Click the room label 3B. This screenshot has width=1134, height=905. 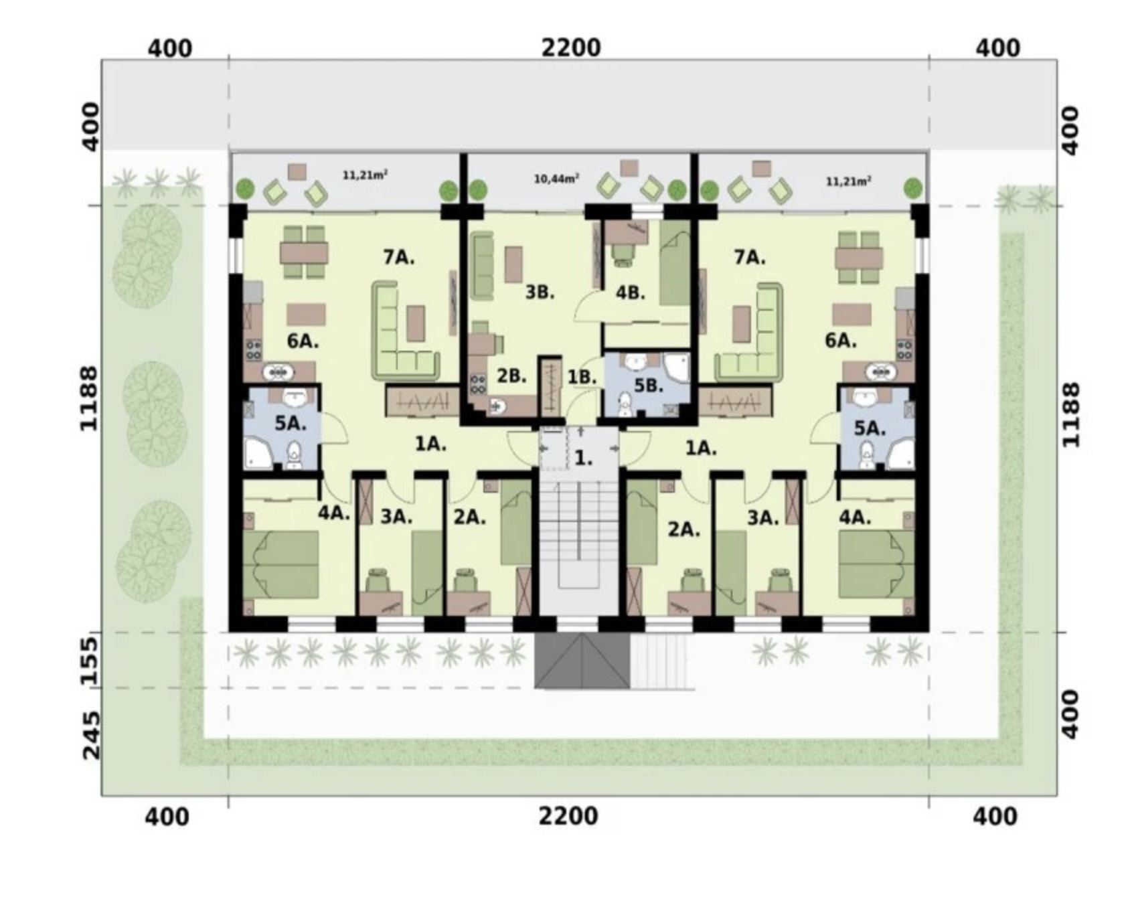point(540,293)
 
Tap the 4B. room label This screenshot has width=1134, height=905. point(630,293)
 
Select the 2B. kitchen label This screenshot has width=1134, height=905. point(511,376)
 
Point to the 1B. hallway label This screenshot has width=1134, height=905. point(582,378)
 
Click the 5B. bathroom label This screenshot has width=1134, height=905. point(648,386)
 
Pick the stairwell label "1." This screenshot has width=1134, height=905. point(584,459)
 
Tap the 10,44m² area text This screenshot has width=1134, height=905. point(556,179)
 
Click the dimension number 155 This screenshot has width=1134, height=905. point(89,661)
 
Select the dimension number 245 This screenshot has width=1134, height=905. point(91,735)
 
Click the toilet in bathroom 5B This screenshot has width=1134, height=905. point(624,404)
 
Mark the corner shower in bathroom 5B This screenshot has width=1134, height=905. point(676,368)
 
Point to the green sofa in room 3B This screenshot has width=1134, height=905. point(482,265)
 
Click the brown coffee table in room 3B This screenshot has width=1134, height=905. point(513,264)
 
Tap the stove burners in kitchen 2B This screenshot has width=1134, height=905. point(478,384)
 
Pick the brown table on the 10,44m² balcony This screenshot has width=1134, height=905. point(629,167)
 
